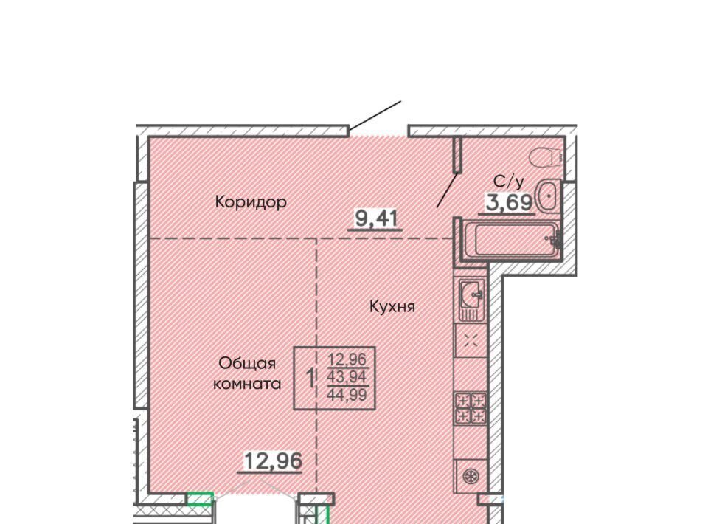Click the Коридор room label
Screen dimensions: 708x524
click(x=251, y=201)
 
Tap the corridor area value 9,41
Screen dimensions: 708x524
click(x=375, y=219)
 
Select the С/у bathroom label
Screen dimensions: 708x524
click(x=509, y=182)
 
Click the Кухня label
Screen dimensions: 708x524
click(x=392, y=307)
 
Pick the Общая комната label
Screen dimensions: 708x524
click(x=247, y=373)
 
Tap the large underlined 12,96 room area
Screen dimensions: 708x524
click(x=273, y=461)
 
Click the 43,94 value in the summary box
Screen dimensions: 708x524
click(x=347, y=376)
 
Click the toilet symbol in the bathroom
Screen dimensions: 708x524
click(x=546, y=158)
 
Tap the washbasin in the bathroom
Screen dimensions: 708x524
click(x=548, y=196)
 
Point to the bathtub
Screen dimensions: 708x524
click(x=512, y=239)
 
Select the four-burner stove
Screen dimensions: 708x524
click(x=471, y=408)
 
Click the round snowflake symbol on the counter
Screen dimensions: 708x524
click(x=471, y=476)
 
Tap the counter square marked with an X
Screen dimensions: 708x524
click(x=471, y=341)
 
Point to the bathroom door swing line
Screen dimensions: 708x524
click(x=447, y=190)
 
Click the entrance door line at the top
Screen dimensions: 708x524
click(x=375, y=116)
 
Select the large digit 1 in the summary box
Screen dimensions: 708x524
click(x=310, y=379)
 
